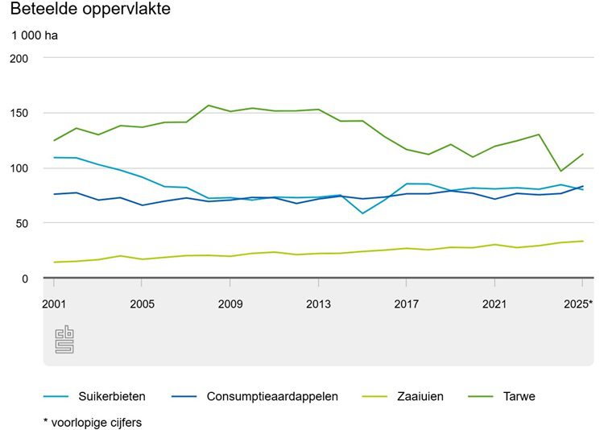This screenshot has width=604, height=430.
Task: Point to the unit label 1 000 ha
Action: click(x=35, y=35)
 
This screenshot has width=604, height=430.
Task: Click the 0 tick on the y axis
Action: click(x=24, y=279)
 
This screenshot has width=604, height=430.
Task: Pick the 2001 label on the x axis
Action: click(x=54, y=304)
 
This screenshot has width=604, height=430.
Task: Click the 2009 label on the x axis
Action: click(x=230, y=304)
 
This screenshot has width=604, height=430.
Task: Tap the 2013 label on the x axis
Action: click(x=318, y=304)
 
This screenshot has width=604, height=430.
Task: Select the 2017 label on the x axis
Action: click(x=407, y=304)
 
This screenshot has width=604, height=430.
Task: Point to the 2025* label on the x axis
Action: click(x=579, y=304)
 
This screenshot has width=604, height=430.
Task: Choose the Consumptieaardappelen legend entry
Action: click(x=272, y=396)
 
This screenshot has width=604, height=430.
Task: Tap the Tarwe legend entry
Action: click(x=520, y=396)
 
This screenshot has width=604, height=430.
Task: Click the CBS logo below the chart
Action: click(x=64, y=341)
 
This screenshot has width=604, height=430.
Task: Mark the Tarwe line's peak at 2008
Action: click(x=209, y=105)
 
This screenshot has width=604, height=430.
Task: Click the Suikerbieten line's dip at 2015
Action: click(x=362, y=213)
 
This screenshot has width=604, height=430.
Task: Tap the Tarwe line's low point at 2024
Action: click(x=561, y=171)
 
